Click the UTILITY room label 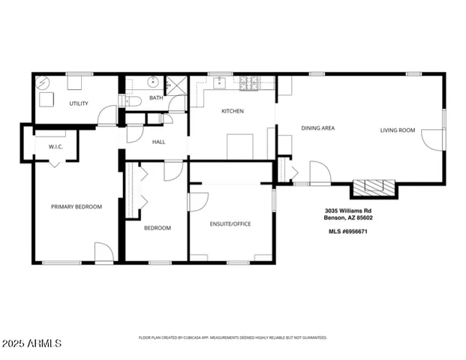[x=79, y=103]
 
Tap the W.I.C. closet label [x=56, y=146]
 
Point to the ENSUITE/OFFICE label [x=230, y=223]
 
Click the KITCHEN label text [x=232, y=111]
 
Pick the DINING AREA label [x=317, y=128]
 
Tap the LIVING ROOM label [x=397, y=130]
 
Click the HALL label [x=158, y=142]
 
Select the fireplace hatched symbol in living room [x=374, y=187]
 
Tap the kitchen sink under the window [x=221, y=82]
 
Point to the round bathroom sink [x=152, y=82]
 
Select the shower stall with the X [x=175, y=84]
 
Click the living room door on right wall [x=433, y=139]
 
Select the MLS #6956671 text [x=347, y=232]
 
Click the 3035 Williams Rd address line [x=347, y=211]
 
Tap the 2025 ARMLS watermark [x=32, y=343]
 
